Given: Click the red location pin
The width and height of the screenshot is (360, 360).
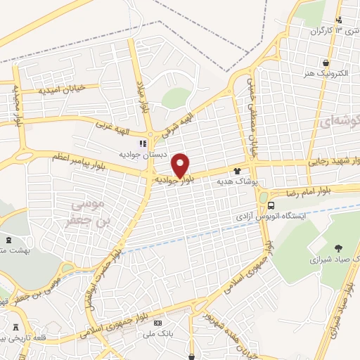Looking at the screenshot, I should (181, 165).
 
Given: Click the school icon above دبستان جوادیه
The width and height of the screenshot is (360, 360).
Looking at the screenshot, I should (142, 143).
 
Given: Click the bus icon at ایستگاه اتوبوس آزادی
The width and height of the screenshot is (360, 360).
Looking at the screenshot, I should (271, 205).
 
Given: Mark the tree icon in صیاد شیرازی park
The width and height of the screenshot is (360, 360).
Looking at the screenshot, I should (338, 247).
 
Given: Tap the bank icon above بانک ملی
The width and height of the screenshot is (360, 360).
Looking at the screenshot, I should (158, 323).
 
